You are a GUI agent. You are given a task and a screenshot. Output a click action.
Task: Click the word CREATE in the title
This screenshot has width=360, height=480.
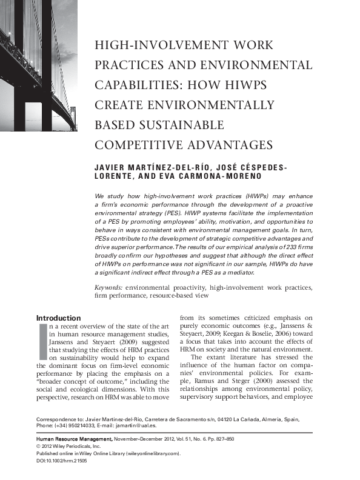(119, 105)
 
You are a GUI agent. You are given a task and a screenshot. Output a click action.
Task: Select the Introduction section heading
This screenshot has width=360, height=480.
(58, 318)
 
